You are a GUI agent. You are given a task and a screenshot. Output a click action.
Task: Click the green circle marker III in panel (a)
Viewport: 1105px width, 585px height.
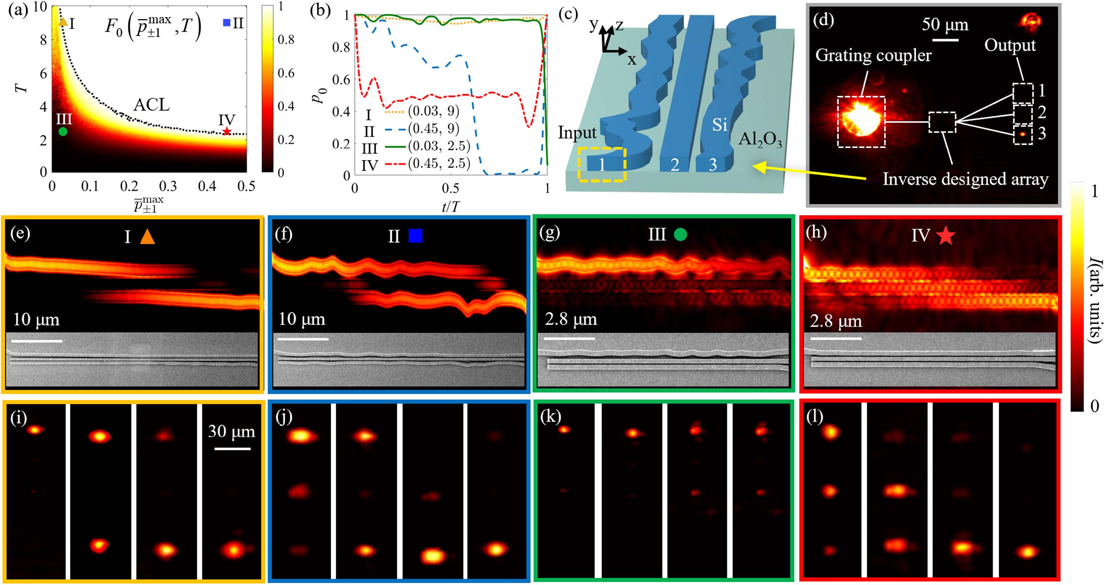62,132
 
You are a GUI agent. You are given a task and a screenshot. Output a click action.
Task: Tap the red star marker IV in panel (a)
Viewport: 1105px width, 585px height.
227,132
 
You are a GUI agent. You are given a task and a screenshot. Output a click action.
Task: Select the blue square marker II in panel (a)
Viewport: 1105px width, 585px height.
227,22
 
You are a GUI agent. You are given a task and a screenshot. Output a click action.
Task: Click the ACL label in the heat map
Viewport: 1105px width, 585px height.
151,105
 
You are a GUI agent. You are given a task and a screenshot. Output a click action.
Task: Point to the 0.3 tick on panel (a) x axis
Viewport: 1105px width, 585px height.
168,186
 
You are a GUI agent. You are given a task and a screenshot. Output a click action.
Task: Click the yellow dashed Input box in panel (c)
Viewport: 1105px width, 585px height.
602,164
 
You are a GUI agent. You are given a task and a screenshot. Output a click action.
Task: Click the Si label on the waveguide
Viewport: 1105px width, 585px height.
719,125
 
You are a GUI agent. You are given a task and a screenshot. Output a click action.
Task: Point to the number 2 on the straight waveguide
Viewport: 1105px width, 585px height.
675,165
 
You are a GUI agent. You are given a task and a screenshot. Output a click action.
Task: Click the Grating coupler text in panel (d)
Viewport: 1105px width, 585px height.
873,56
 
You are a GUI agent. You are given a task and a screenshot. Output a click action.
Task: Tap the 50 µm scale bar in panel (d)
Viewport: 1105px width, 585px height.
945,40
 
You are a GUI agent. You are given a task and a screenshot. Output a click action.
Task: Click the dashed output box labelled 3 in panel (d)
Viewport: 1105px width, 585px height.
1023,135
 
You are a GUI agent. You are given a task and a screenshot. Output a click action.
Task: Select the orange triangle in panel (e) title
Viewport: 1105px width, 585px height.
147,237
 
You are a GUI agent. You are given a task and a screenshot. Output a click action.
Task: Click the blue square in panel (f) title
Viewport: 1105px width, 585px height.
415,235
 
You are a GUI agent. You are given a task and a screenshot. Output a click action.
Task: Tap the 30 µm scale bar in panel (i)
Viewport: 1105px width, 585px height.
232,449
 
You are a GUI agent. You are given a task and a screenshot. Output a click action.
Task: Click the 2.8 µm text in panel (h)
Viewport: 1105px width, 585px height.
835,321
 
